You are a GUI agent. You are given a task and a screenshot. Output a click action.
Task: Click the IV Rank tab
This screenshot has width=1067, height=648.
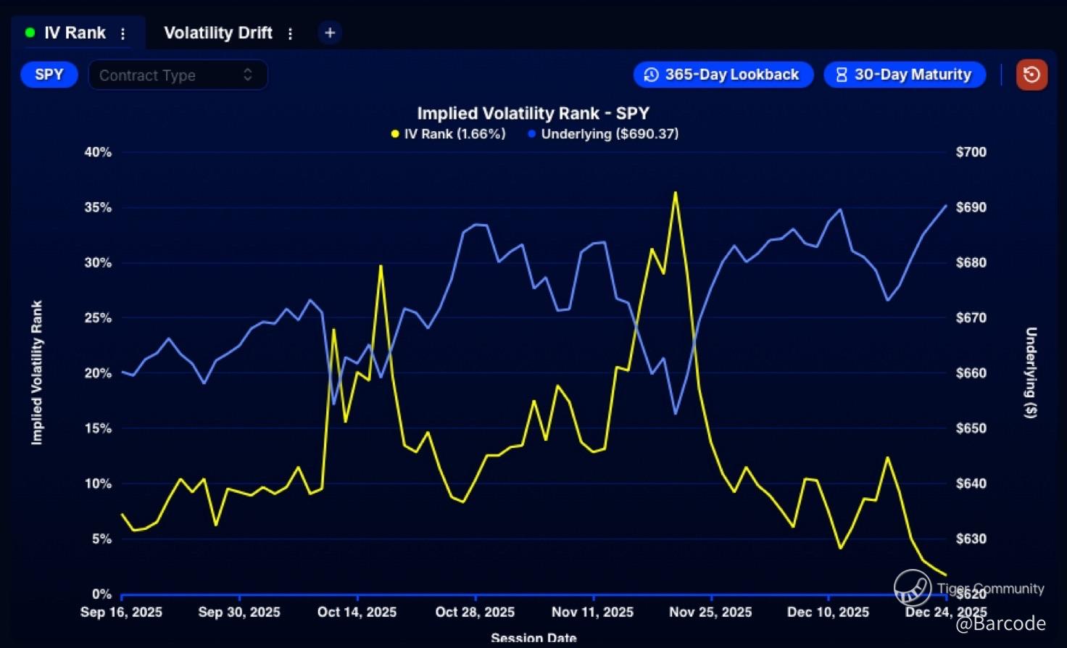pyautogui.click(x=74, y=33)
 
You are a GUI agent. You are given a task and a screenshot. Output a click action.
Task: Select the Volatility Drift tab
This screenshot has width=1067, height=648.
pyautogui.click(x=217, y=33)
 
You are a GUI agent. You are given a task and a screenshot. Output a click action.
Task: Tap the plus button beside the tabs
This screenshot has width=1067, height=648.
pyautogui.click(x=330, y=33)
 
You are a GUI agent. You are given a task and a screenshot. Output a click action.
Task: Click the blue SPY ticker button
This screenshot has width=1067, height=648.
pyautogui.click(x=49, y=75)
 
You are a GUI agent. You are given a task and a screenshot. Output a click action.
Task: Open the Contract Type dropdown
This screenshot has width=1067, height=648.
pyautogui.click(x=178, y=75)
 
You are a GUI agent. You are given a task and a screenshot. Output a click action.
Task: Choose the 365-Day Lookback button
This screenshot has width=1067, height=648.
pyautogui.click(x=723, y=75)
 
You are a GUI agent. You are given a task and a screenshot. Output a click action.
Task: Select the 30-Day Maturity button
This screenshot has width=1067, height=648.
pyautogui.click(x=905, y=75)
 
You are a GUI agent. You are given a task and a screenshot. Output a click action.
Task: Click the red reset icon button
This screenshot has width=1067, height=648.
pyautogui.click(x=1031, y=75)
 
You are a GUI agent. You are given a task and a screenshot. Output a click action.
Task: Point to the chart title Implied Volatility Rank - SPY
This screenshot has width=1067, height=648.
pyautogui.click(x=533, y=114)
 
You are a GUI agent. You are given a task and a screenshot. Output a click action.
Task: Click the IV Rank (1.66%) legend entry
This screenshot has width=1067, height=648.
pyautogui.click(x=448, y=134)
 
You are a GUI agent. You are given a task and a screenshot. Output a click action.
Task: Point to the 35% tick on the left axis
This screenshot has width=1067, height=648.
pyautogui.click(x=98, y=207)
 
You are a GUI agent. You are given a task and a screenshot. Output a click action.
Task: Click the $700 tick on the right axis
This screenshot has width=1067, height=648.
pyautogui.click(x=971, y=152)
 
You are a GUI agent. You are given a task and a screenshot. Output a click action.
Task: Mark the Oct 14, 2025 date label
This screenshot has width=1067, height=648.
pyautogui.click(x=357, y=612)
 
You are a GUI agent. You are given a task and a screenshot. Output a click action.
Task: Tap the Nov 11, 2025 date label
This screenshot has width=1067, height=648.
pyautogui.click(x=592, y=612)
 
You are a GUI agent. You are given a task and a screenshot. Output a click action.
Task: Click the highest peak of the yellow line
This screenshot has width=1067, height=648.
pyautogui.click(x=675, y=193)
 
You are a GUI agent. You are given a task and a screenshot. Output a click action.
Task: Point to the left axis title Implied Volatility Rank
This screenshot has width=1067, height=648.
pyautogui.click(x=37, y=373)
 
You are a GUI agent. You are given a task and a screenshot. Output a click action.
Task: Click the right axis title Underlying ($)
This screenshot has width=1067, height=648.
pyautogui.click(x=1031, y=373)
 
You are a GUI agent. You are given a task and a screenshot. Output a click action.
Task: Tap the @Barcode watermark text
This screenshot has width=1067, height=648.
pyautogui.click(x=1000, y=624)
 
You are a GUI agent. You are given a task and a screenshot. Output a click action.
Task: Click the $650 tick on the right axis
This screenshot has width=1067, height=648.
pyautogui.click(x=971, y=428)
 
